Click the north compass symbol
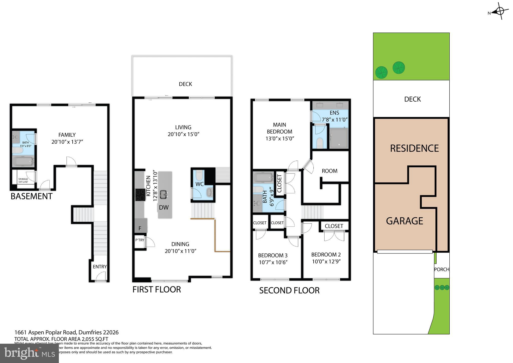(499, 11)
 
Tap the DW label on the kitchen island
(164, 207)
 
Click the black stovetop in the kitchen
(140, 195)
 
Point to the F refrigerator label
(140, 228)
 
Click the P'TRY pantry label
(140, 240)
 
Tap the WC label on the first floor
(200, 184)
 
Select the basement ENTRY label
(100, 266)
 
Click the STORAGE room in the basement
(23, 180)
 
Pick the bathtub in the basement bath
(23, 161)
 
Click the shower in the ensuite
(338, 138)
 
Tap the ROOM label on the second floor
(329, 171)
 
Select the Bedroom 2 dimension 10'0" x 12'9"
(326, 261)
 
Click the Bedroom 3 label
(273, 255)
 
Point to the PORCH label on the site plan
(442, 269)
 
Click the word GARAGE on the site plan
(404, 221)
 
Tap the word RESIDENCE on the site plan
(414, 148)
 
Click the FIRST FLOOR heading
(157, 289)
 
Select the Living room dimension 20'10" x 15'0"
(183, 134)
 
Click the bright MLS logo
(30, 353)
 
